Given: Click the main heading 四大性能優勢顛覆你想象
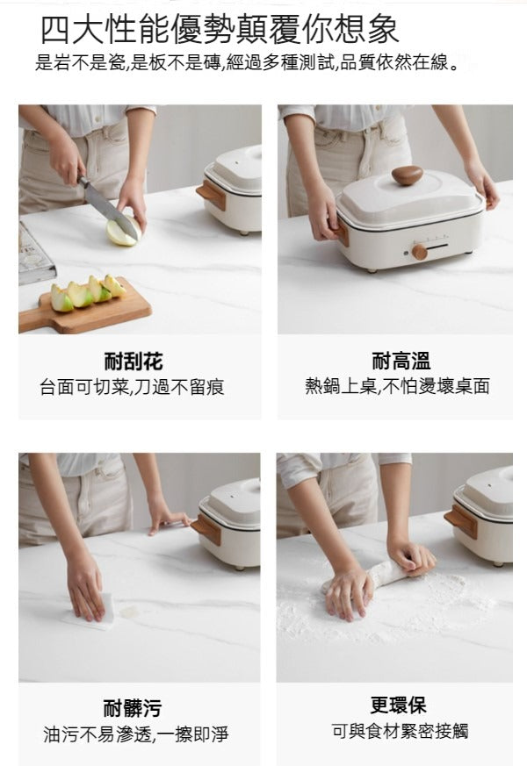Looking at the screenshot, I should tap(220, 29).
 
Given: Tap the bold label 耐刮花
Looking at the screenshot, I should tap(133, 361).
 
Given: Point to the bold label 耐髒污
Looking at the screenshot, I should tap(133, 708).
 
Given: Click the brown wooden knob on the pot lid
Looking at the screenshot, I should tap(407, 175).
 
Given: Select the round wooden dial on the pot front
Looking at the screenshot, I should tap(419, 252).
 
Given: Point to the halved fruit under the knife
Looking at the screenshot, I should tap(122, 233).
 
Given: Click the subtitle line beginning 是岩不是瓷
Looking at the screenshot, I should tap(246, 64).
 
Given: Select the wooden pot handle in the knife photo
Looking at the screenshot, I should tap(212, 194).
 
